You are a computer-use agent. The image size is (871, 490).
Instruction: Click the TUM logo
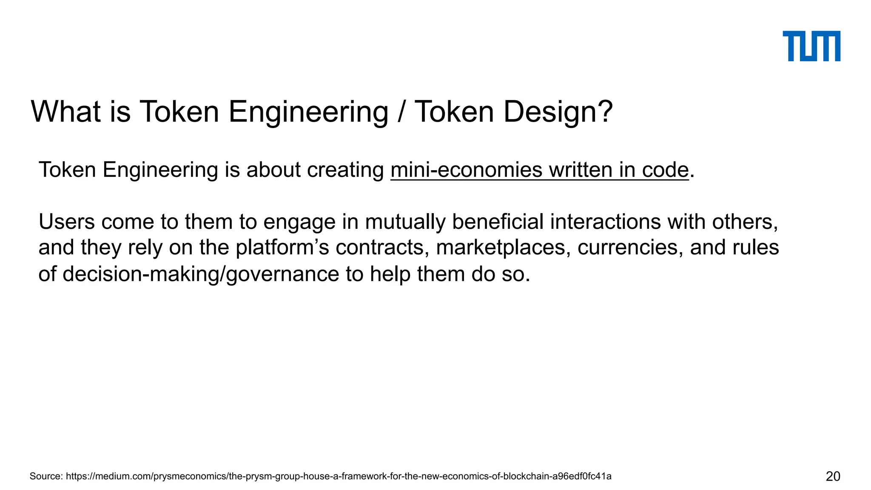coord(811,46)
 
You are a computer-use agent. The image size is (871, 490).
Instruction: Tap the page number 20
coord(833,476)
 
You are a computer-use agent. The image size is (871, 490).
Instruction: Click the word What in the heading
coord(65,112)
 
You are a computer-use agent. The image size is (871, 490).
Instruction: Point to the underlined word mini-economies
coord(466,170)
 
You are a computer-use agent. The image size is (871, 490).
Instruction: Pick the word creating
coord(345,171)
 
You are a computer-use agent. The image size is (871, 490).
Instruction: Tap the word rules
coord(755,248)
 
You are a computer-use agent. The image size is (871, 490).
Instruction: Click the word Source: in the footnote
coord(46,476)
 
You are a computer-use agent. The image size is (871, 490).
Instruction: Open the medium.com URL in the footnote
coord(339,476)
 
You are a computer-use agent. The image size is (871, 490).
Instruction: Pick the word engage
coord(299,222)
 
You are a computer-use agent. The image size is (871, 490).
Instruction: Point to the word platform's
coord(282,248)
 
